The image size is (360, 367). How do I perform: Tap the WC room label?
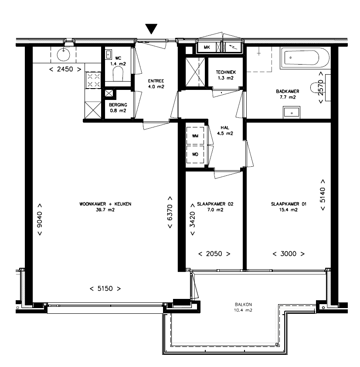pyautogui.click(x=118, y=58)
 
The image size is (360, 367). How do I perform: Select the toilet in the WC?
pyautogui.click(x=118, y=73)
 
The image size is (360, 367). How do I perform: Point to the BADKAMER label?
pyautogui.click(x=288, y=91)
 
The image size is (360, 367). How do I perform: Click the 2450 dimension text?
pyautogui.click(x=65, y=69)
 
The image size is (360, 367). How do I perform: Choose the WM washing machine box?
pyautogui.click(x=195, y=136)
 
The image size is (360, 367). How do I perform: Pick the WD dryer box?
pyautogui.click(x=195, y=154)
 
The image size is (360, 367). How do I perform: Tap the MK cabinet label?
pyautogui.click(x=207, y=47)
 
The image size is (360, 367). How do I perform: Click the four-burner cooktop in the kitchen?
pyautogui.click(x=94, y=80)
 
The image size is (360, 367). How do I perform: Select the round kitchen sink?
pyautogui.click(x=63, y=54)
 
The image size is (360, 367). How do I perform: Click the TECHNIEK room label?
pyautogui.click(x=226, y=72)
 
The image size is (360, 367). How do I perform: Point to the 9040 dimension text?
pyautogui.click(x=40, y=220)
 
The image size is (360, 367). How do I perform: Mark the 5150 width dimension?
pyautogui.click(x=105, y=288)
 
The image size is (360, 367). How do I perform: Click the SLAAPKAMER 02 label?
pyautogui.click(x=215, y=204)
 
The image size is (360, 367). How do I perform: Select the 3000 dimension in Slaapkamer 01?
pyautogui.click(x=289, y=254)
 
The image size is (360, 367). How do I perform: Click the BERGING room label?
pyautogui.click(x=118, y=105)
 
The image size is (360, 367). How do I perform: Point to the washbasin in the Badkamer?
pyautogui.click(x=292, y=112)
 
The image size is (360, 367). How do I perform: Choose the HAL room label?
pyautogui.click(x=225, y=127)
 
